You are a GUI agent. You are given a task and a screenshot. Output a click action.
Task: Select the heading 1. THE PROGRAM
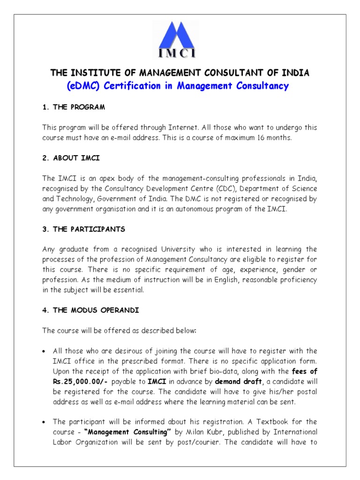click(74, 107)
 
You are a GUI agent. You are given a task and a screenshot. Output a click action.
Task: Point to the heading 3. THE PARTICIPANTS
click(83, 229)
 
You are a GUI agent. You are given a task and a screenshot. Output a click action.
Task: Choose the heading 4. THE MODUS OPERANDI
click(90, 310)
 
